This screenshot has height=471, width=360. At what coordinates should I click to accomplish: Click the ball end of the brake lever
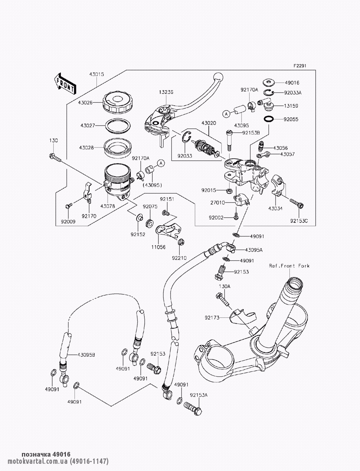coord(217,76)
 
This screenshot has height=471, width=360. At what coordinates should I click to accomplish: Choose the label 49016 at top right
coord(292,82)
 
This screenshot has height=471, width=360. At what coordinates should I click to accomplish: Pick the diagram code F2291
coord(300,66)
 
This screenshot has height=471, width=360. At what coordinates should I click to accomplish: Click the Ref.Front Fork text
coord(289,266)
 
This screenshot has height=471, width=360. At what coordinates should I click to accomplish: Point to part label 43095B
coord(86,355)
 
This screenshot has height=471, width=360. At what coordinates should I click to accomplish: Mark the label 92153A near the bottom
coord(199,395)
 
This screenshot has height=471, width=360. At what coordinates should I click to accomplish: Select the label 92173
coord(212,318)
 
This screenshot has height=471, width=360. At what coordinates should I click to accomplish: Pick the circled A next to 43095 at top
coord(226,114)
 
